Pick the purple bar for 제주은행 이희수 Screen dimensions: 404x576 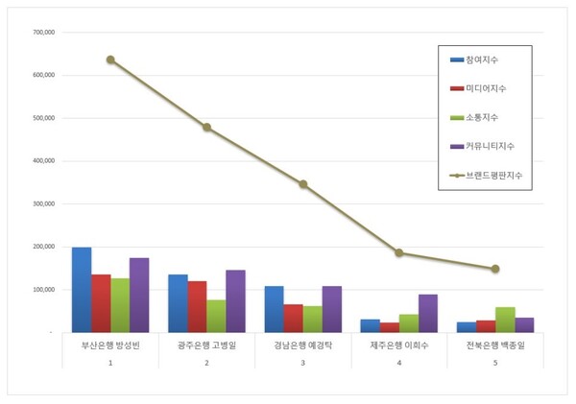tap(428, 313)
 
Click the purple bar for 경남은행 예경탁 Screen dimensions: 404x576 tap(332, 309)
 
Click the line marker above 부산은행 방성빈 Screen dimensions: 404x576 tap(110, 59)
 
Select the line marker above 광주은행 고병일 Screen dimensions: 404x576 tap(206, 128)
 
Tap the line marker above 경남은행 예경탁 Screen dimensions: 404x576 tap(303, 184)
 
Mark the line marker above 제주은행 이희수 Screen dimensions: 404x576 tap(399, 253)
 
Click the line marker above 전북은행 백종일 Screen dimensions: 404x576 tap(495, 269)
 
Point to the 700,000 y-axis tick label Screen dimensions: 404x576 tap(43, 32)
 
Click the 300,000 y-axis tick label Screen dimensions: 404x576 tap(43, 203)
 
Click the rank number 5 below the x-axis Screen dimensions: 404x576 tap(495, 363)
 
